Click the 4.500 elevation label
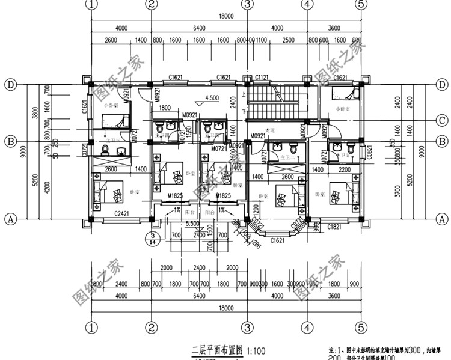tap(212, 98)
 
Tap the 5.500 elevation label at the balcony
tap(194, 223)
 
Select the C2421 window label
tap(121, 213)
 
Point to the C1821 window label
tap(336, 227)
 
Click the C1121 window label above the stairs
tap(262, 78)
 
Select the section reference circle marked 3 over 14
tap(153, 238)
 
